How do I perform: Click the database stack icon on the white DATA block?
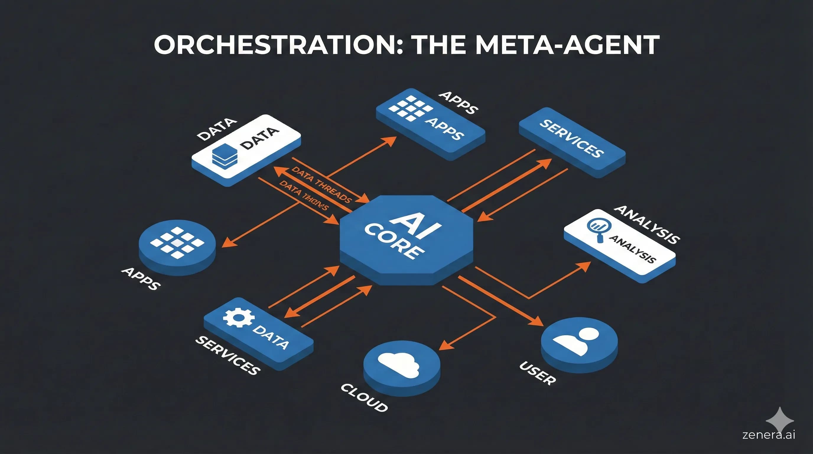pos(225,156)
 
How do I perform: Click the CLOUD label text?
pos(364,398)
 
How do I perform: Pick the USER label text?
pos(537,373)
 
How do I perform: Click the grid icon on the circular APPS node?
pos(177,242)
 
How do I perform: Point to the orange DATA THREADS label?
pos(321,185)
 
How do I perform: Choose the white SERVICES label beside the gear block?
pos(228,356)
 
